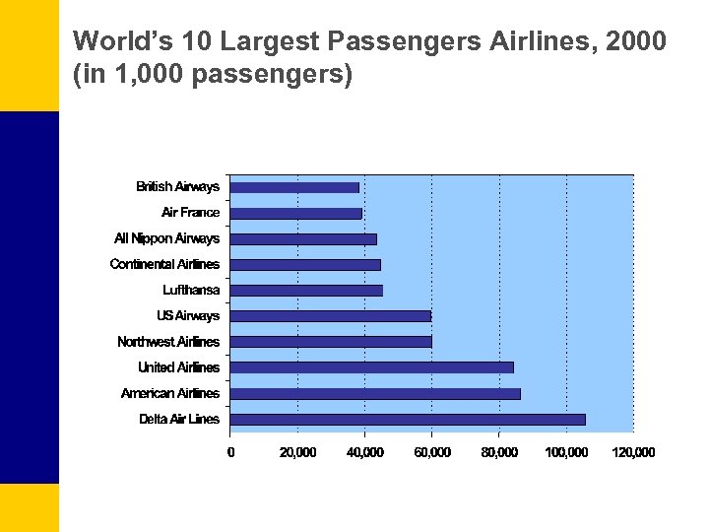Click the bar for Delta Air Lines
coord(408,419)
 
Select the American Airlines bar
coord(375,393)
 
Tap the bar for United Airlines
coord(371,367)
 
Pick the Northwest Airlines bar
coord(331,342)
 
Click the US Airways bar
coord(330,316)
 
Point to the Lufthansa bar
coord(306,290)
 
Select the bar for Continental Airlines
coord(305,264)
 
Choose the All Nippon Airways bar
coord(303,238)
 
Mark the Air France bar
coord(296,213)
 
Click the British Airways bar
coord(294,187)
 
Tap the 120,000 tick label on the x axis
coord(633,452)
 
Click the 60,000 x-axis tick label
coord(431,452)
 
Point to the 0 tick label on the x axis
coord(230,452)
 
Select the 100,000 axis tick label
coord(566,452)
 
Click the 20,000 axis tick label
coord(297,452)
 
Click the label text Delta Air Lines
coord(179,419)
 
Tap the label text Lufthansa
coord(191,290)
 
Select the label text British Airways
coord(177,187)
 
